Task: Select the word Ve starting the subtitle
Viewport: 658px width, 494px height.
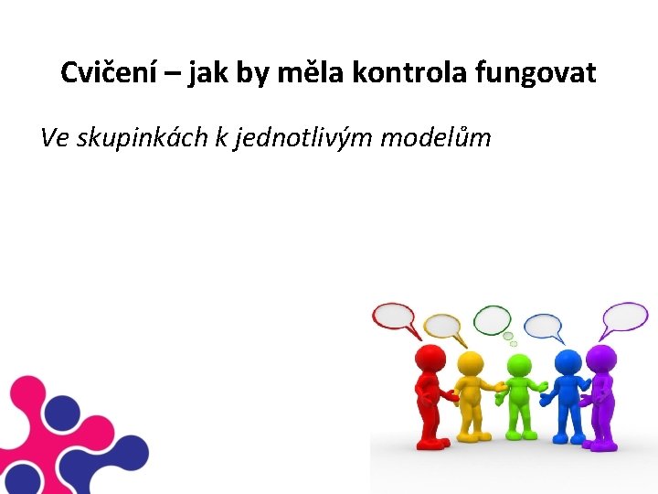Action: coord(55,138)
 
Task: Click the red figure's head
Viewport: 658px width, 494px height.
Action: coord(430,358)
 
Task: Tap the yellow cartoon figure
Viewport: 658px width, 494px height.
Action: coord(470,393)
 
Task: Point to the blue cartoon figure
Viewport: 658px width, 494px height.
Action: coord(568,393)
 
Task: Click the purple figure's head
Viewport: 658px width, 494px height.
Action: coord(600,358)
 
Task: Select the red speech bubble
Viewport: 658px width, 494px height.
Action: coord(394,317)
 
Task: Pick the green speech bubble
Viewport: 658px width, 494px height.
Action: coord(492,318)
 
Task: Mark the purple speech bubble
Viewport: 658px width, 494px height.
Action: coord(624,316)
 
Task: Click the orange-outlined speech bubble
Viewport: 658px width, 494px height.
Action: coord(443,326)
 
